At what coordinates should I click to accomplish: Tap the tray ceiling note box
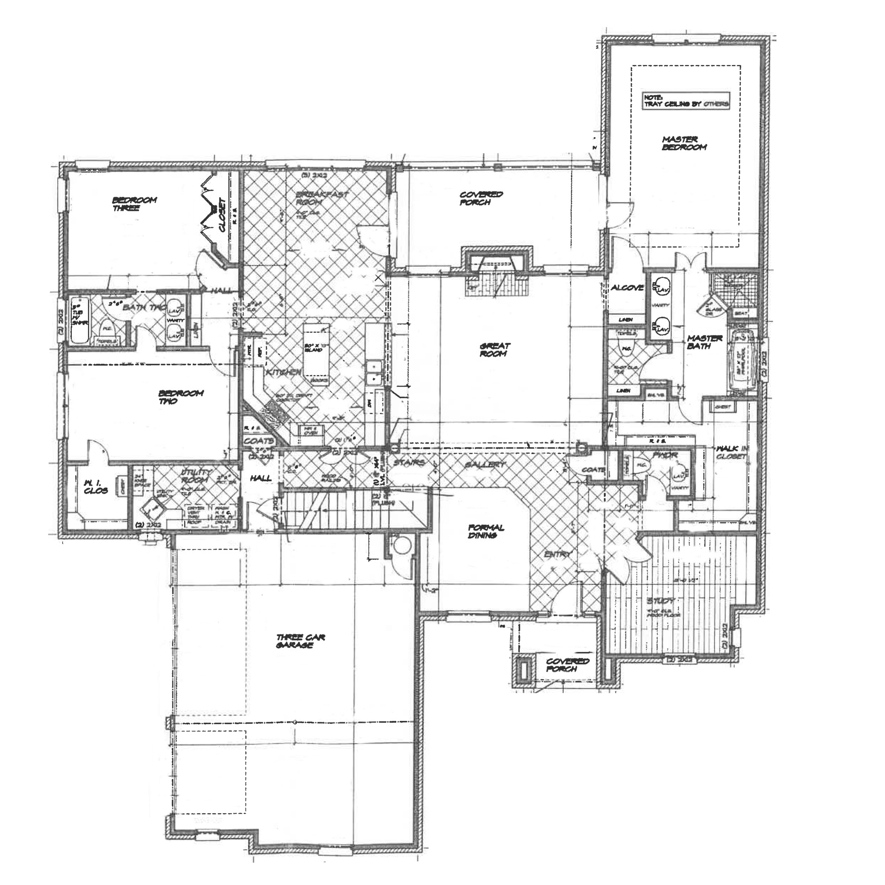(686, 101)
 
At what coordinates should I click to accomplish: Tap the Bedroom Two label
(180, 397)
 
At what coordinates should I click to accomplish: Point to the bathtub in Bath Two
(81, 320)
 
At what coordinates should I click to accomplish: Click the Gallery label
(485, 465)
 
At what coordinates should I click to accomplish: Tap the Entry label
(558, 555)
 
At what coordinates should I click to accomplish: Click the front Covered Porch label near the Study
(567, 665)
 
